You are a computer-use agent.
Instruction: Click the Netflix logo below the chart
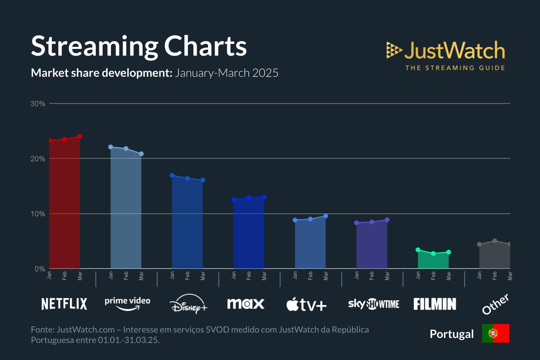pos(64,304)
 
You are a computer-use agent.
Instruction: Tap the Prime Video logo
pos(127,303)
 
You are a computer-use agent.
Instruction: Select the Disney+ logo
pos(188,304)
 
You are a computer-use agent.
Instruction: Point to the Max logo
pos(246,304)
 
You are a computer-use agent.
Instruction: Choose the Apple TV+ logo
pos(306,305)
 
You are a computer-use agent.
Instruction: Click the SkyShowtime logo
pos(374,304)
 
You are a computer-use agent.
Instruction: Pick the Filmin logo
pos(435,304)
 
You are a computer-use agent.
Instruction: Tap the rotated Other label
pos(495,304)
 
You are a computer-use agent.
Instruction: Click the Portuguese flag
pos(496,333)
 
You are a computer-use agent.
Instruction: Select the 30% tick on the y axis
pos(38,104)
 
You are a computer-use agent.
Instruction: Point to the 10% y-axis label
pos(38,214)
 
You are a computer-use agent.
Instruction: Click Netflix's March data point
pos(80,136)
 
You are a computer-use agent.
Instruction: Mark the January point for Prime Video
pos(111,147)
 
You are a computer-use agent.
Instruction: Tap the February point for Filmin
pos(433,254)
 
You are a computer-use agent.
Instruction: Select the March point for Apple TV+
pos(326,216)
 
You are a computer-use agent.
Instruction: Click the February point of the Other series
pos(495,241)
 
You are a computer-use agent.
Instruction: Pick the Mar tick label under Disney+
pos(203,276)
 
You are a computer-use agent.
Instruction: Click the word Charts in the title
pos(205,46)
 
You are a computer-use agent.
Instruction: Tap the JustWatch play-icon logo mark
pos(394,50)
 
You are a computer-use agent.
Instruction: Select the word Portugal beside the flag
pos(452,334)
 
